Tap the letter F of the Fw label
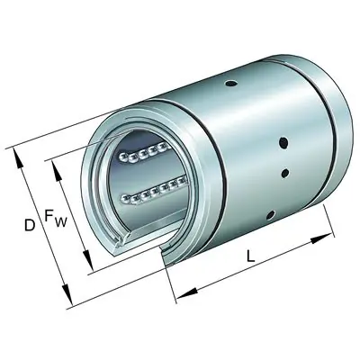[x=50, y=217]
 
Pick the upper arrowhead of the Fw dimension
[x=52, y=166]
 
